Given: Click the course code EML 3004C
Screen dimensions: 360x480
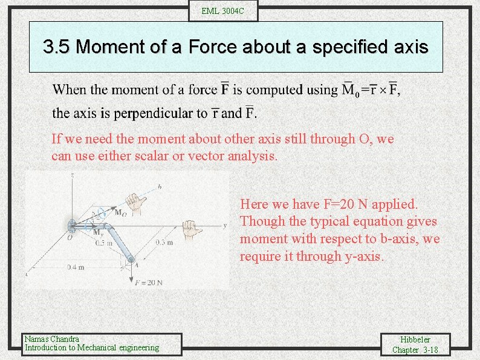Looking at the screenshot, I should tap(223, 11).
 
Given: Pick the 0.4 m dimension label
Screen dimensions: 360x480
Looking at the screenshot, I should tap(76, 267).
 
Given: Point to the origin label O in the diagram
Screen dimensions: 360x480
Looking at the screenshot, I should tap(70, 237).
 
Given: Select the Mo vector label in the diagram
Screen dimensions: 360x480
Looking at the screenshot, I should tap(120, 212).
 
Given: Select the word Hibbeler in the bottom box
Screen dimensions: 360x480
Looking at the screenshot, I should tap(415, 339).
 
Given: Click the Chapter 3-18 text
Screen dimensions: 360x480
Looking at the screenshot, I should tap(415, 350).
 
